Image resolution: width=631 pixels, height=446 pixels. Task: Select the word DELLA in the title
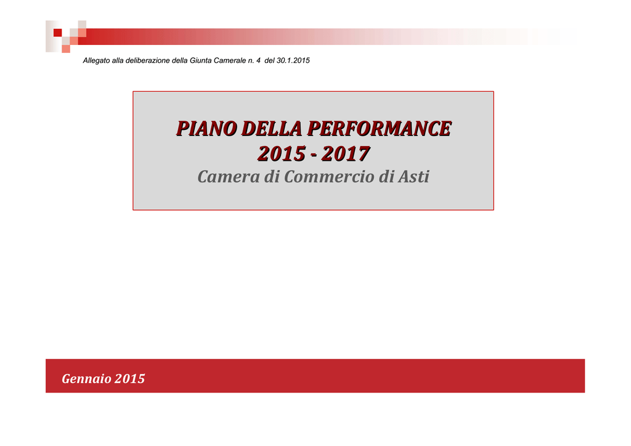[x=272, y=129]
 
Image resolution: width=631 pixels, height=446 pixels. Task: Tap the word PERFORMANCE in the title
[x=380, y=129]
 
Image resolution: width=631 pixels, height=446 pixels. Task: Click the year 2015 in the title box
[x=282, y=153]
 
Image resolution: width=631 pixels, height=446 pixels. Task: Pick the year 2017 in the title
[x=346, y=153]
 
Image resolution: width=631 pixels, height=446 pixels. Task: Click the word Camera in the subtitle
[x=229, y=177]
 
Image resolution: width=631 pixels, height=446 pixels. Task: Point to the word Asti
[x=413, y=177]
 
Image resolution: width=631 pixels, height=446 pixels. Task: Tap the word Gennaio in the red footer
[x=86, y=379]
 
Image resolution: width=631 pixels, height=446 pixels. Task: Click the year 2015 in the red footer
[x=129, y=379]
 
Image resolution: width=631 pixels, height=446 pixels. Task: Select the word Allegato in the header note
[x=96, y=61]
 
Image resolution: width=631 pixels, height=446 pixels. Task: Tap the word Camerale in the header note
[x=230, y=60]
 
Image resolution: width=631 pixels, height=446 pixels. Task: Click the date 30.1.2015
[x=293, y=60]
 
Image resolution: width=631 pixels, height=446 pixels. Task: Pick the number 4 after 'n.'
[x=258, y=60]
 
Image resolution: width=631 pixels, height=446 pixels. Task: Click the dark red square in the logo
[x=57, y=33]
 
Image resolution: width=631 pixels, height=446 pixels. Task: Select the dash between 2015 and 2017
[x=314, y=155]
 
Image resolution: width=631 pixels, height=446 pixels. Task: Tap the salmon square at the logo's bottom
[x=66, y=49]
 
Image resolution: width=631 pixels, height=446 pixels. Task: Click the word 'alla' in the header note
[x=118, y=60]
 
